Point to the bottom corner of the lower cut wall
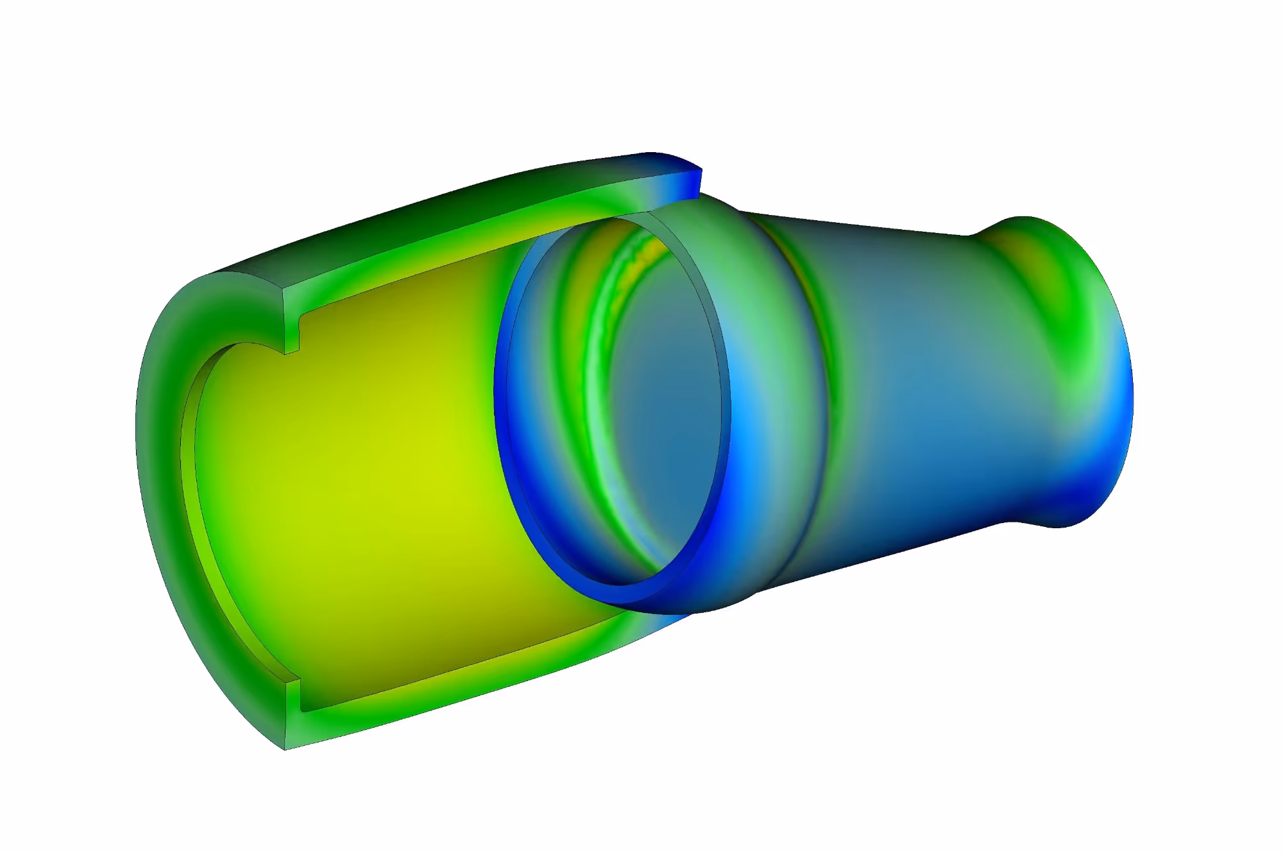point(285,748)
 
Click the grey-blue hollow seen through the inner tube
point(661,398)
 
